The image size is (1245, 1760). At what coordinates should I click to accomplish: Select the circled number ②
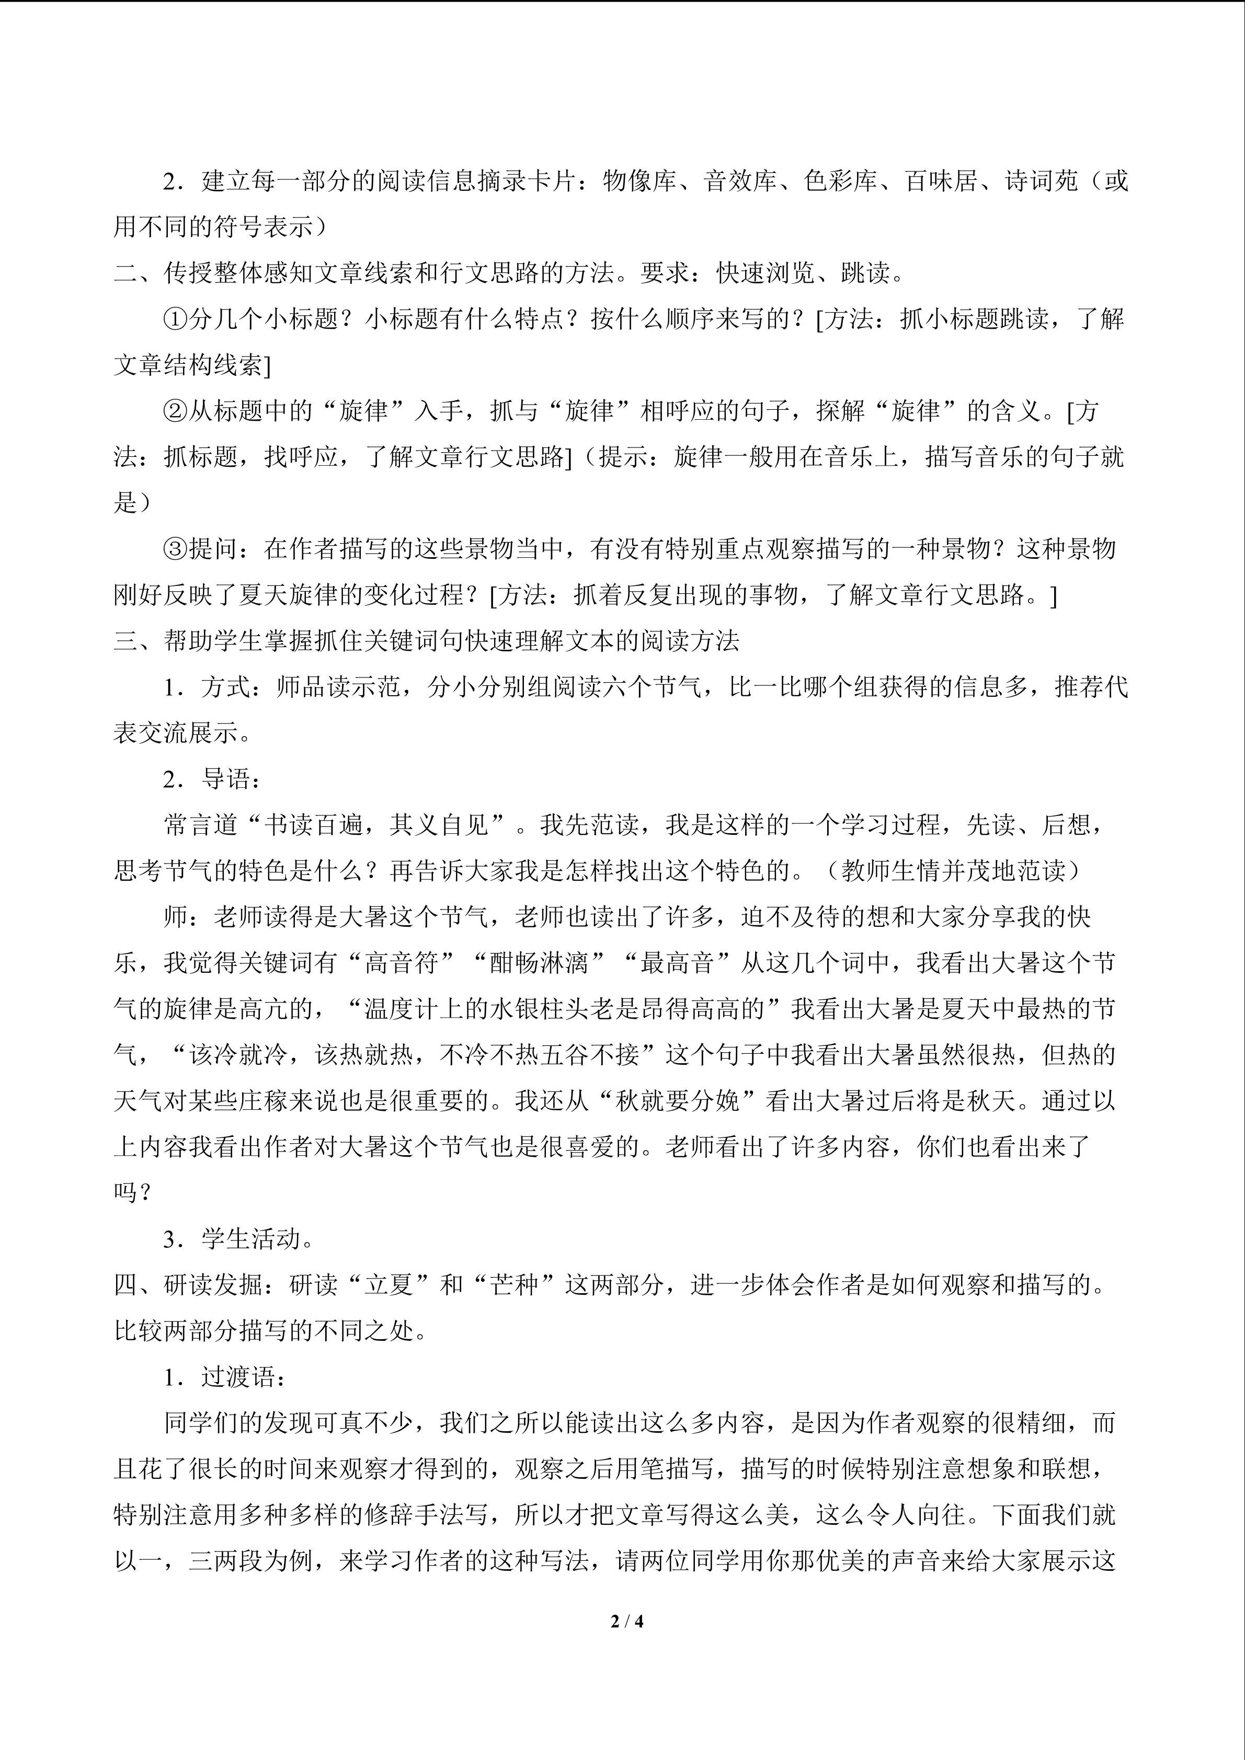click(x=176, y=411)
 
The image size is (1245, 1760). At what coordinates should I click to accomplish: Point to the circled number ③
click(x=176, y=549)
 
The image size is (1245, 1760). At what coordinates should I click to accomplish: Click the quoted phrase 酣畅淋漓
click(x=539, y=963)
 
